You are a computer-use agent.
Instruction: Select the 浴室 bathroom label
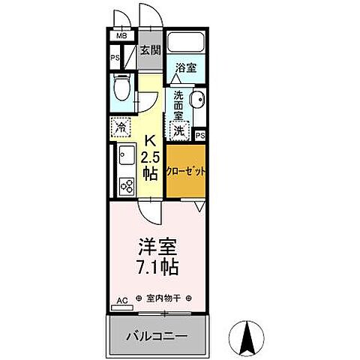(x=186, y=67)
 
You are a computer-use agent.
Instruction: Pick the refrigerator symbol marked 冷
(x=121, y=127)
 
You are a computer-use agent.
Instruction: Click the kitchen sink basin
(x=124, y=157)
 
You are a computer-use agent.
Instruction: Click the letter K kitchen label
(x=150, y=140)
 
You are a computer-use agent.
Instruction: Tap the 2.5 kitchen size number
(x=150, y=157)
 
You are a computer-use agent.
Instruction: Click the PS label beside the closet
(x=199, y=135)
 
